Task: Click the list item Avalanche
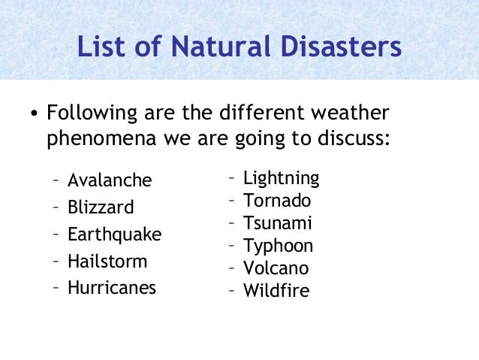click(110, 180)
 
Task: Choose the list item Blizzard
click(101, 207)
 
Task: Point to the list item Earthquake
click(114, 234)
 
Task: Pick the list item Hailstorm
click(107, 262)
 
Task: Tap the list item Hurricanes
click(112, 288)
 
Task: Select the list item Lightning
click(282, 179)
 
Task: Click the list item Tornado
click(277, 201)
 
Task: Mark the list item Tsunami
click(278, 223)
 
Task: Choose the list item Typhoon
click(279, 246)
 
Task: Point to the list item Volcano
click(276, 268)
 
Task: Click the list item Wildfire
click(276, 291)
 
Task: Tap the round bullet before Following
click(34, 116)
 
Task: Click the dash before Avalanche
click(56, 180)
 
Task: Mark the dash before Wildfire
click(232, 291)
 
